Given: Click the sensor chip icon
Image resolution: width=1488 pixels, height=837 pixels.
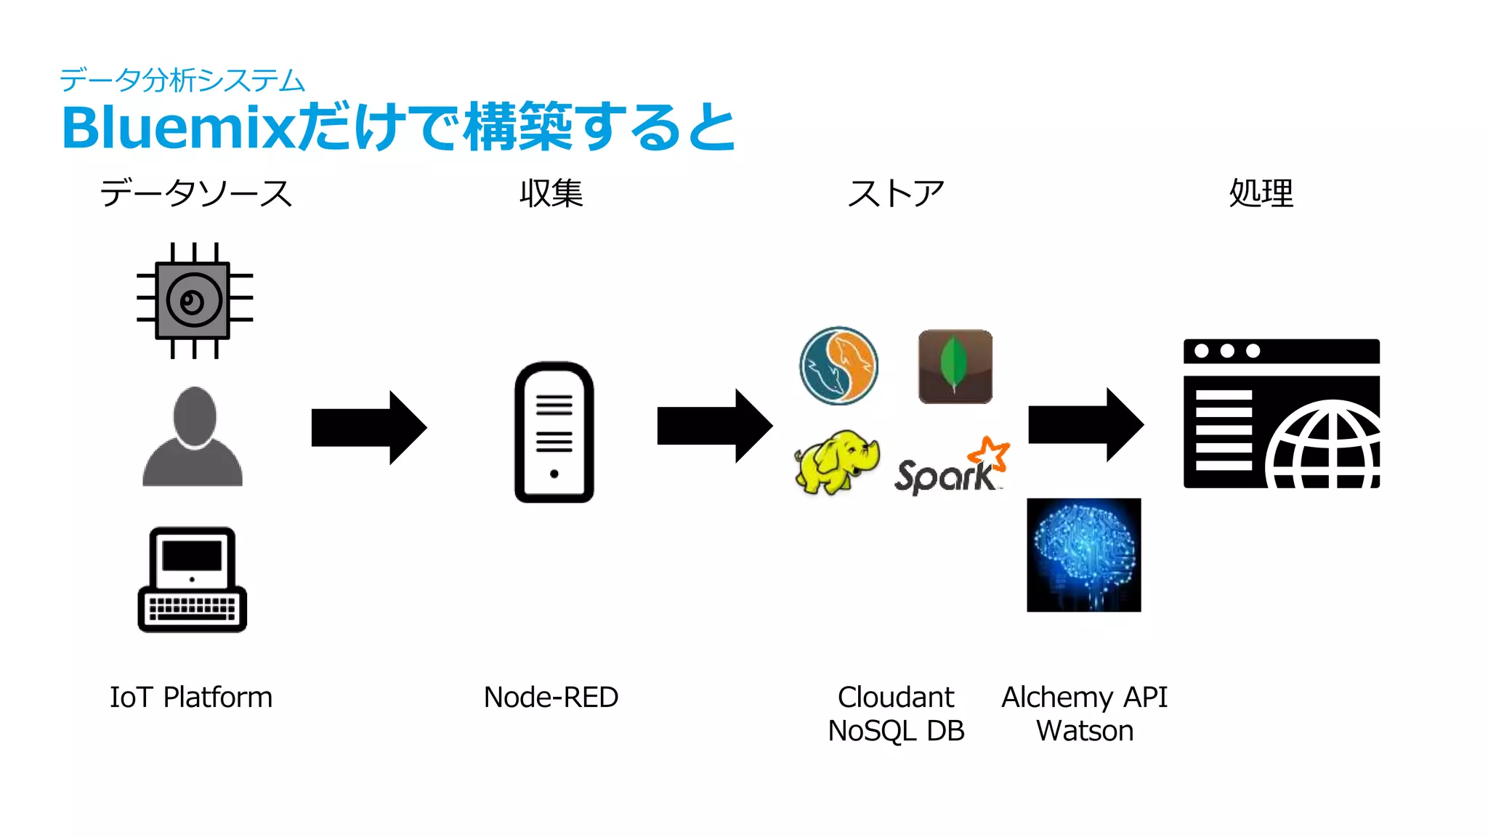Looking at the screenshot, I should (193, 301).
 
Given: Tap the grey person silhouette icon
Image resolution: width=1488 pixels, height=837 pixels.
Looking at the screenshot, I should (193, 438).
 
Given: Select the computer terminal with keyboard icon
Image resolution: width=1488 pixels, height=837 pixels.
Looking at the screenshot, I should (192, 580).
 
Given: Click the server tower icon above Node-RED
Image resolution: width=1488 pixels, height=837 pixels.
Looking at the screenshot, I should (554, 432).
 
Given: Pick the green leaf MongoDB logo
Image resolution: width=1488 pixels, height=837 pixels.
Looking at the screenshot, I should (955, 366).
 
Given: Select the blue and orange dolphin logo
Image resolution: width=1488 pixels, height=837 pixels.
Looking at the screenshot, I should (838, 365).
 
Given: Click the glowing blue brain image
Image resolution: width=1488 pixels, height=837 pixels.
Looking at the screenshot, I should (1083, 554).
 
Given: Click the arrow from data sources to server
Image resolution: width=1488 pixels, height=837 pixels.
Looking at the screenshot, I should (369, 427).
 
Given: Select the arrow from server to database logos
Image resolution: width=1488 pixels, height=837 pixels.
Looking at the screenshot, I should (715, 426).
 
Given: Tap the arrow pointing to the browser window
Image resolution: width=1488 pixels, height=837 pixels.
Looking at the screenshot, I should (1085, 425).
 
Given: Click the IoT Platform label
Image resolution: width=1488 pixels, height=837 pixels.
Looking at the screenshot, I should (191, 697).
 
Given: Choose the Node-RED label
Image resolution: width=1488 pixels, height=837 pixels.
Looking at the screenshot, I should (551, 697).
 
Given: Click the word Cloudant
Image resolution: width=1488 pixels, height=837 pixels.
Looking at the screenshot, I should (895, 697).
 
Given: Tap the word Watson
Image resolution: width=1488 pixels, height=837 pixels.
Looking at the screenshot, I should (1084, 731).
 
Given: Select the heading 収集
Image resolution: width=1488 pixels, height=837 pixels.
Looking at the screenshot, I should (551, 193).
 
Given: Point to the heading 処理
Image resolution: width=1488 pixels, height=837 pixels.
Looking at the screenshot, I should (1261, 193).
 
